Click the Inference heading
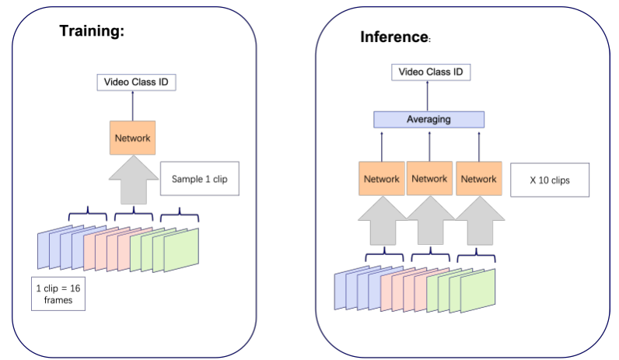click(x=394, y=37)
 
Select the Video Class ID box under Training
click(x=131, y=81)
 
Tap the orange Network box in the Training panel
click(x=131, y=138)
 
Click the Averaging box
click(x=428, y=120)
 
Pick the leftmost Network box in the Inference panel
click(x=381, y=179)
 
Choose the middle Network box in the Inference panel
click(x=429, y=179)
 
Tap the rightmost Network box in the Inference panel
click(x=477, y=179)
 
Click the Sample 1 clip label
click(x=198, y=180)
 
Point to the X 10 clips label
click(x=548, y=180)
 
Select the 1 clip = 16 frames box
click(x=58, y=292)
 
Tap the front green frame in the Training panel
click(x=181, y=249)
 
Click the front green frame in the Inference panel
click(x=478, y=290)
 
